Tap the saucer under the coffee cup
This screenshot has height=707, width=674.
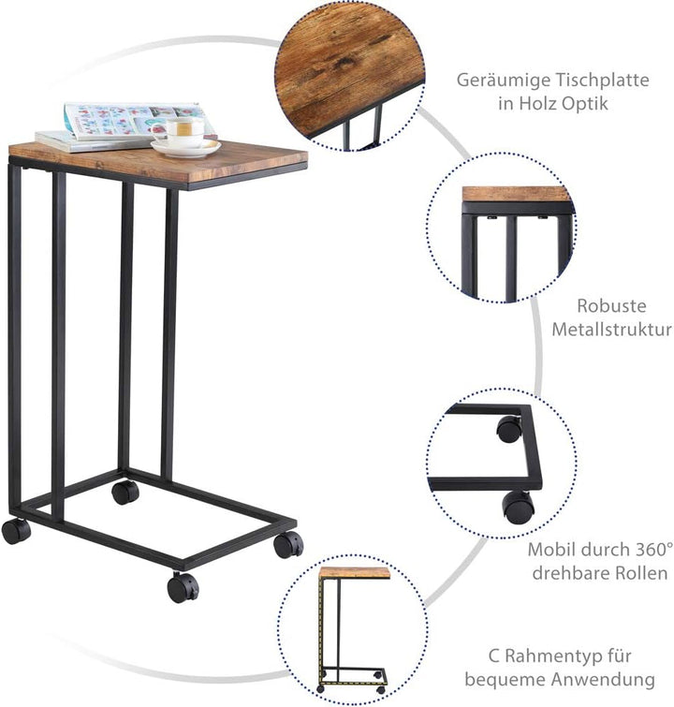pos(185,148)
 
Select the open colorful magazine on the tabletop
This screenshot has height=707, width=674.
pos(135,121)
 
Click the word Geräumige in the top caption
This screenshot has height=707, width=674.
pos(503,81)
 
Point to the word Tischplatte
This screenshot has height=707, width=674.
pos(602,80)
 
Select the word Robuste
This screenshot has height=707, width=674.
pos(611,305)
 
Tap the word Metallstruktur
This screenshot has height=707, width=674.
pos(611,329)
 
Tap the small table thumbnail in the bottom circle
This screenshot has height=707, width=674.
pos(353,630)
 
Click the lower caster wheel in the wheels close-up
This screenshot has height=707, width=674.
pos(519,508)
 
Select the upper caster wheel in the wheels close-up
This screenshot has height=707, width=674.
pos(509,429)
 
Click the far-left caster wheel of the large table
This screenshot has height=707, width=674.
pos(16,531)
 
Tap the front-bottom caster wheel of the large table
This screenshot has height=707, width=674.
pos(183,587)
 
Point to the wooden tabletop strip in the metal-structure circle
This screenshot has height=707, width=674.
pos(516,195)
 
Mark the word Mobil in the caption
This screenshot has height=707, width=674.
pos(551,549)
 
